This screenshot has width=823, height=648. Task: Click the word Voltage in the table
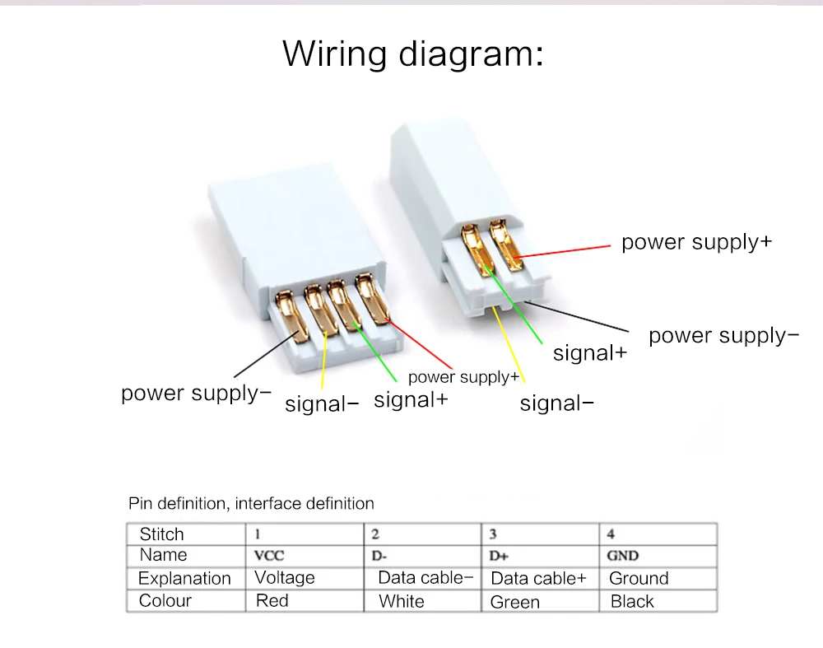click(x=285, y=578)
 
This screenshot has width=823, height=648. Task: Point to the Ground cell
click(x=639, y=579)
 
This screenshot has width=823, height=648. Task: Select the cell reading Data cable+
click(x=538, y=579)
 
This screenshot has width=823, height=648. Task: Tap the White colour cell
click(x=402, y=601)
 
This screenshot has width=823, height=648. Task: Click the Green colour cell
click(x=514, y=602)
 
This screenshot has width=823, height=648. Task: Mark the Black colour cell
click(x=632, y=601)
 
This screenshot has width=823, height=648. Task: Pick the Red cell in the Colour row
click(x=272, y=600)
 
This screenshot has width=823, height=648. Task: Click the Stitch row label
click(x=162, y=534)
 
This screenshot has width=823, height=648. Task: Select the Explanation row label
click(x=184, y=579)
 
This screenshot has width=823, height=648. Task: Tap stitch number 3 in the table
click(x=493, y=534)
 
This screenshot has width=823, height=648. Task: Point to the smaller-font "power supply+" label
click(x=463, y=377)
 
